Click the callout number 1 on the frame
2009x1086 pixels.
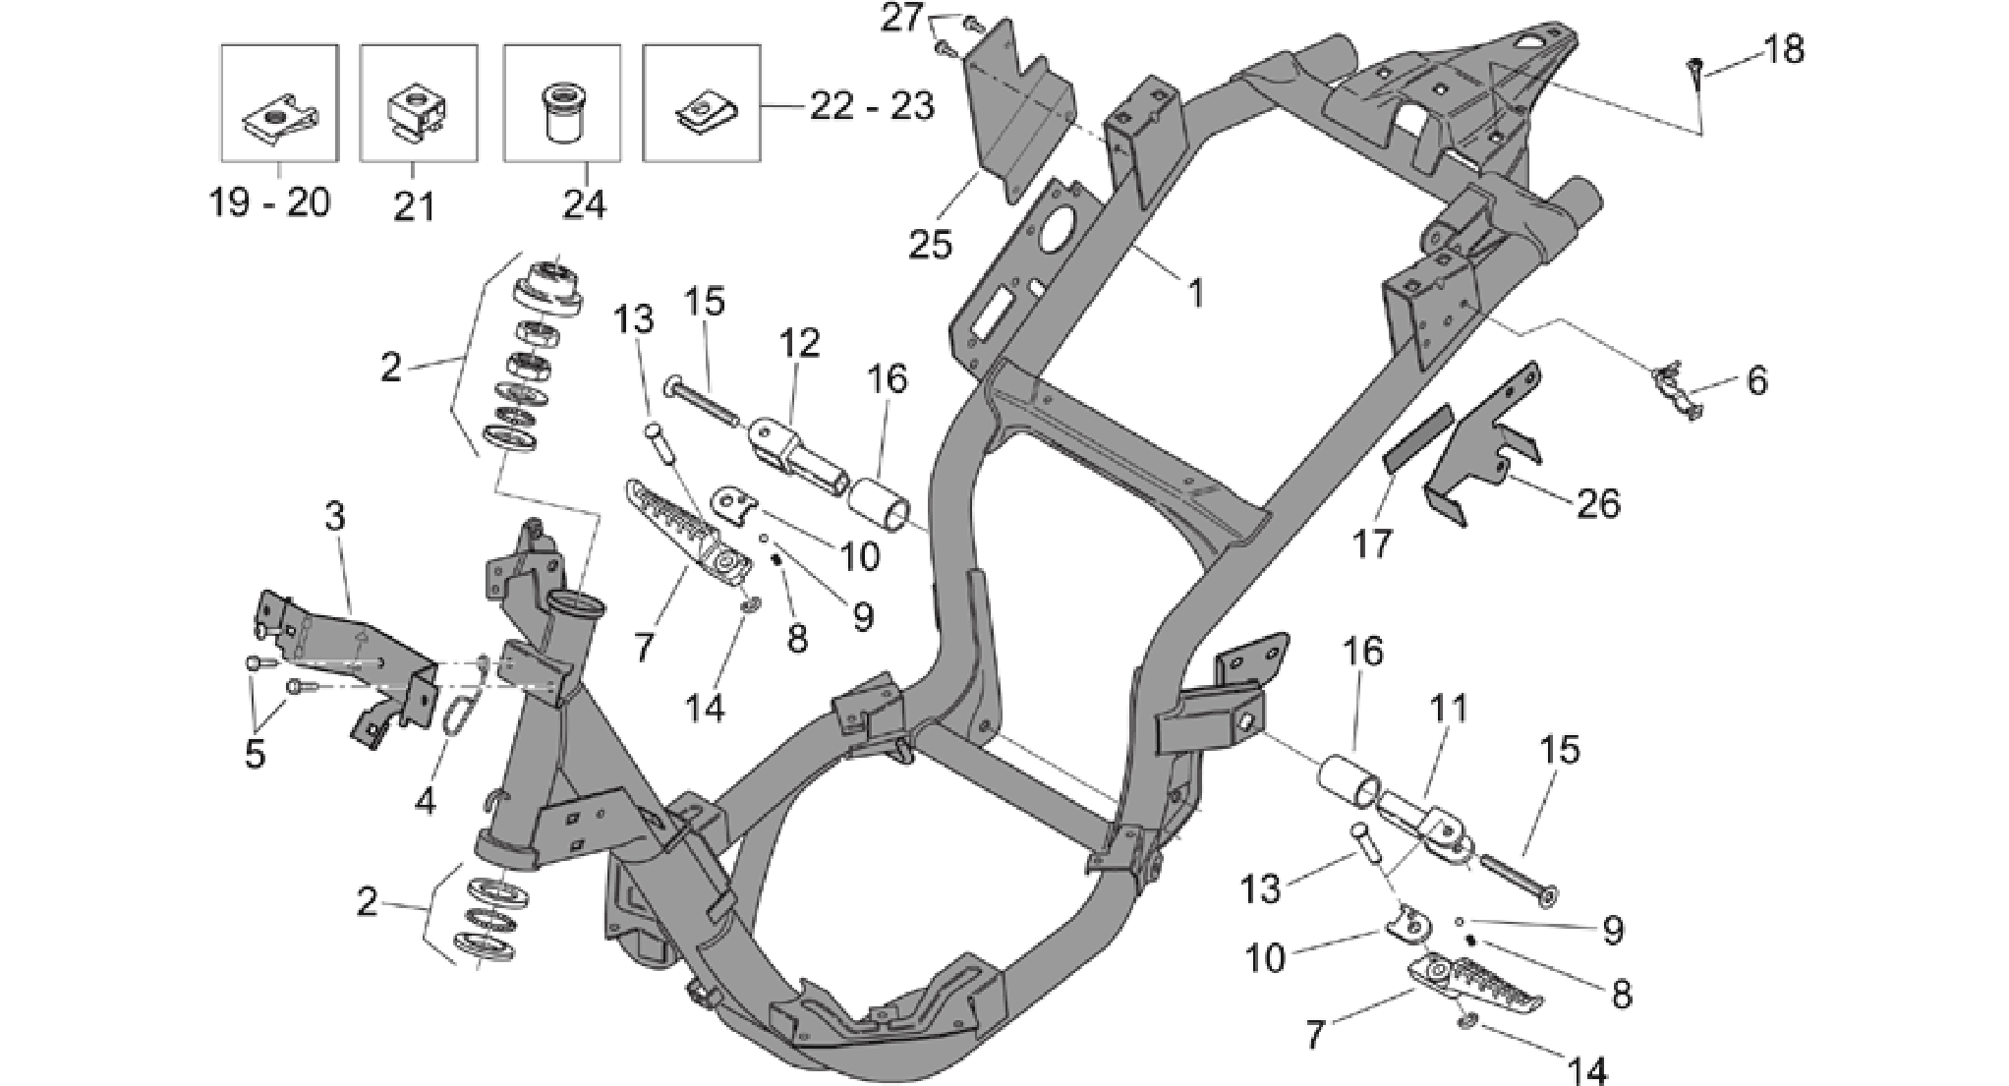[1195, 292]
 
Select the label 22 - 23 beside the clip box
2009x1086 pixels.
[872, 106]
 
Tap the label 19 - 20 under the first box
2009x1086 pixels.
[270, 202]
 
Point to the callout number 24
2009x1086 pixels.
[585, 203]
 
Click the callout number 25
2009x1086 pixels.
[930, 245]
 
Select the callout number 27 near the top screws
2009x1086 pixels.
[902, 19]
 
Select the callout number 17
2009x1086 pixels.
[1372, 543]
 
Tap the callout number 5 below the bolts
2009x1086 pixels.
[255, 755]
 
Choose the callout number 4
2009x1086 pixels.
[425, 801]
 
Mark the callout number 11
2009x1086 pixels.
[1449, 710]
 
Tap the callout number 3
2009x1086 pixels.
[335, 517]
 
